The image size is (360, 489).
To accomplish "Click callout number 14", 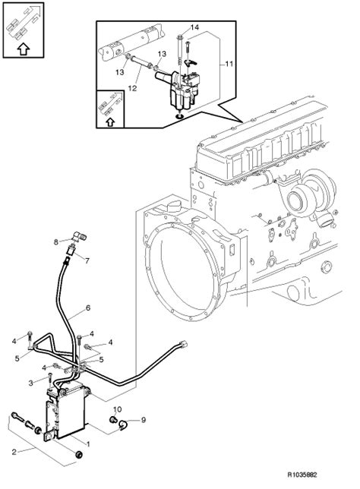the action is click(194, 27).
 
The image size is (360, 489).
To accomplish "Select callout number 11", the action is click(229, 64).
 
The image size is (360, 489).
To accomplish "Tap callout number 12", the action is click(132, 88).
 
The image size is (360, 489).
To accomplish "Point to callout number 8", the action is click(56, 241).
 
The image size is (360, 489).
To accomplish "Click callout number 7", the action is click(87, 260).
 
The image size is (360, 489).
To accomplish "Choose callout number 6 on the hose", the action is click(88, 308).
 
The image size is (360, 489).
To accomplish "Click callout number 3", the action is click(30, 383).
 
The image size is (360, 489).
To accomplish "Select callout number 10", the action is click(117, 409).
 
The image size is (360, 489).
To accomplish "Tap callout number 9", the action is click(144, 420).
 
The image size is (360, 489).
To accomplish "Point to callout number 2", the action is click(14, 452).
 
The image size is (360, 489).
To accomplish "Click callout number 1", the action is click(88, 443).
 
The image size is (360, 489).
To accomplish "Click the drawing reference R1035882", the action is click(302, 475).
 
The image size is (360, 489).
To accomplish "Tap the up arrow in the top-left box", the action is click(23, 49).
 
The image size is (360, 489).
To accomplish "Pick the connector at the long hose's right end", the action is click(184, 344).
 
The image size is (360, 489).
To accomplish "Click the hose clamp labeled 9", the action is click(123, 424).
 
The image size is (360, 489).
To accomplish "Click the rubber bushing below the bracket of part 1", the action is click(79, 455).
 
